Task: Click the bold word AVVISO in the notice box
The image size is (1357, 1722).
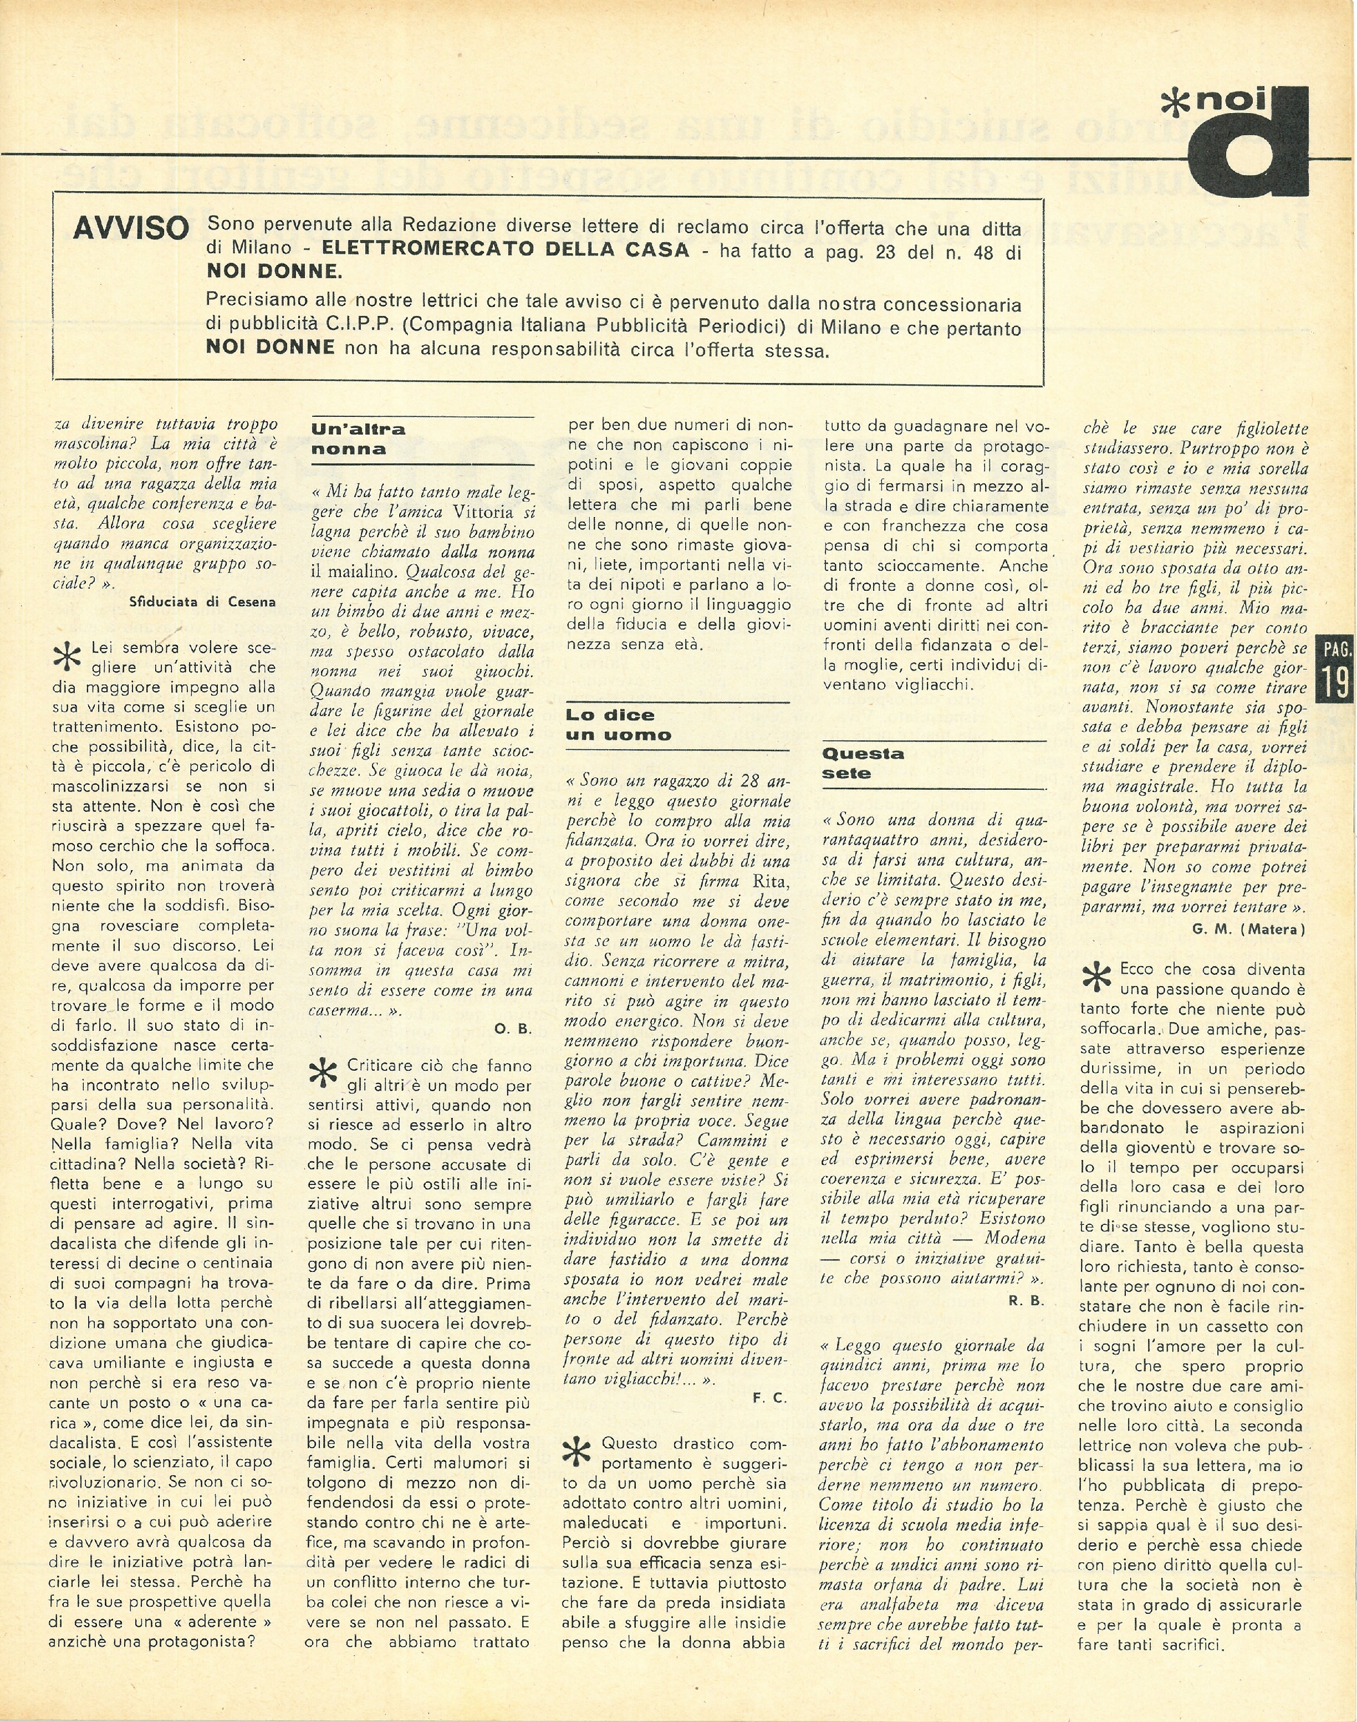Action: click(x=130, y=229)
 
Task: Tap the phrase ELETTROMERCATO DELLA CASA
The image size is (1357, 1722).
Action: click(x=506, y=249)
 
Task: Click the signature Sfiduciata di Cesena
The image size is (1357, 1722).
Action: click(x=202, y=601)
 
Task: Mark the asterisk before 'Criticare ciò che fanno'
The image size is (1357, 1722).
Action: click(x=323, y=1074)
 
